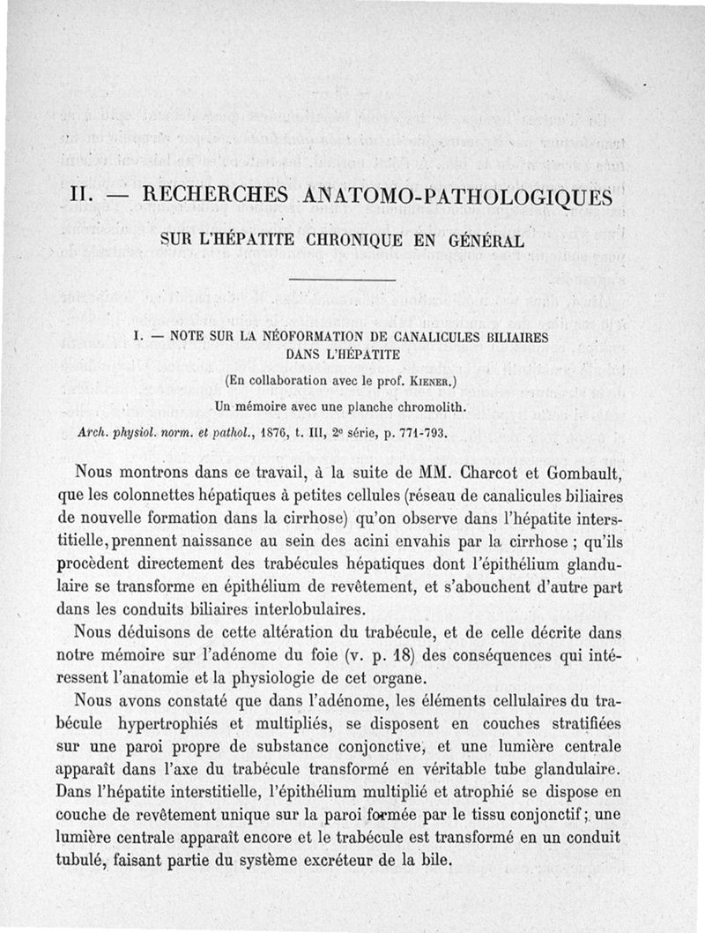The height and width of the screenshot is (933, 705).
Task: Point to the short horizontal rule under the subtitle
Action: (342, 280)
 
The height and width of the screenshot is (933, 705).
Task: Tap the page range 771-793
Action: (425, 432)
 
